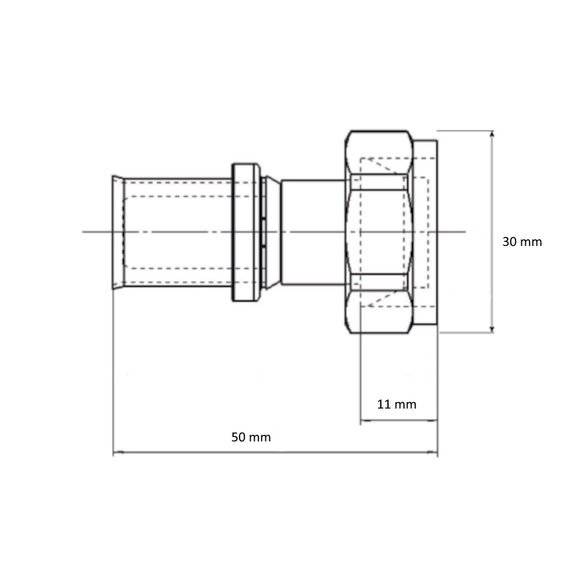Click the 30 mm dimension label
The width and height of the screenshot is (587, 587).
[x=522, y=242]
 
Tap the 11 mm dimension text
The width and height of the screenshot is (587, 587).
[x=396, y=404]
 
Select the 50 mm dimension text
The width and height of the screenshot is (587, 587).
[x=251, y=437]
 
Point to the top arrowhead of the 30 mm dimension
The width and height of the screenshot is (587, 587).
[x=492, y=134]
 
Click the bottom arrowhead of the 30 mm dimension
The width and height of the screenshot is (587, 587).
[x=492, y=329]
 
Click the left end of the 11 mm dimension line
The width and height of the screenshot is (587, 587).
[x=360, y=420]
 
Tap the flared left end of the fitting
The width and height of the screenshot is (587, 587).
[x=118, y=232]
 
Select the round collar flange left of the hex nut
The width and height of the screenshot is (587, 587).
[x=246, y=232]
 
